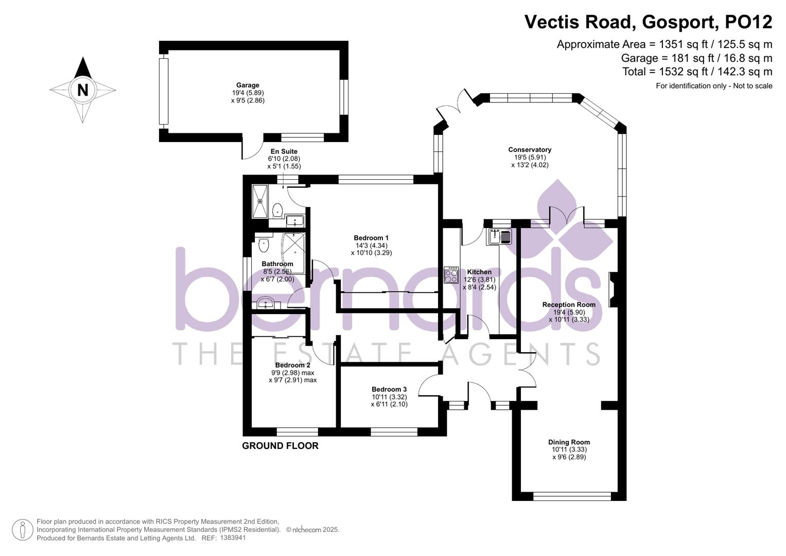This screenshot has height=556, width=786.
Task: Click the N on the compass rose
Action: tap(82, 90)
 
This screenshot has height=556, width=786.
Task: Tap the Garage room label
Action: tap(248, 85)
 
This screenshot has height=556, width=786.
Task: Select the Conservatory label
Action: tap(530, 149)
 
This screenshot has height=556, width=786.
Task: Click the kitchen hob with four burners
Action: tap(451, 275)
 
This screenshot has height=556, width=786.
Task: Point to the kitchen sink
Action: tap(499, 237)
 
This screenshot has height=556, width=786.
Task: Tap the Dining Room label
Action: tap(569, 442)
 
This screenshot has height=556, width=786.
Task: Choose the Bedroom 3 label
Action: tap(389, 389)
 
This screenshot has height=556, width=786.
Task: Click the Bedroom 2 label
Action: tap(293, 365)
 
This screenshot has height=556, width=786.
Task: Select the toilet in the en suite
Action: tap(277, 210)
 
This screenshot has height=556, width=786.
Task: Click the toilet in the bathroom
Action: tap(264, 245)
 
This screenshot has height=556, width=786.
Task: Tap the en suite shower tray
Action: tap(260, 201)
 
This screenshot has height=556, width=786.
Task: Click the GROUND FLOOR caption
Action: tap(281, 446)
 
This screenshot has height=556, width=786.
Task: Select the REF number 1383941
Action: tap(233, 538)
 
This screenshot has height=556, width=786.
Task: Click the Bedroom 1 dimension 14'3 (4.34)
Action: tap(371, 246)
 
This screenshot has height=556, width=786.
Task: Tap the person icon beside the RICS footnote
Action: tap(23, 530)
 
